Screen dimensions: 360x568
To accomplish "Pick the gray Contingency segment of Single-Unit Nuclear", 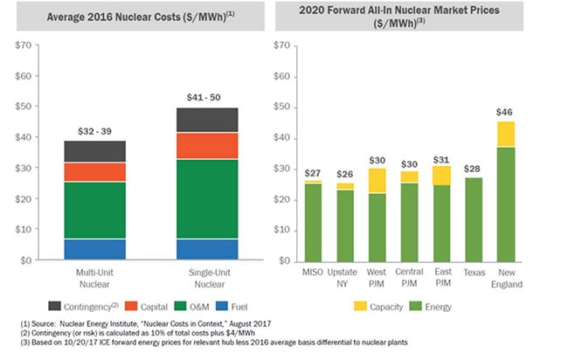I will [207, 120].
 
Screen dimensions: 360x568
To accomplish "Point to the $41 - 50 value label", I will [207, 95].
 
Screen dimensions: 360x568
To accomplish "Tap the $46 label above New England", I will [506, 112].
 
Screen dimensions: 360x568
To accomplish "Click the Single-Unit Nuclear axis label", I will [207, 279].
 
